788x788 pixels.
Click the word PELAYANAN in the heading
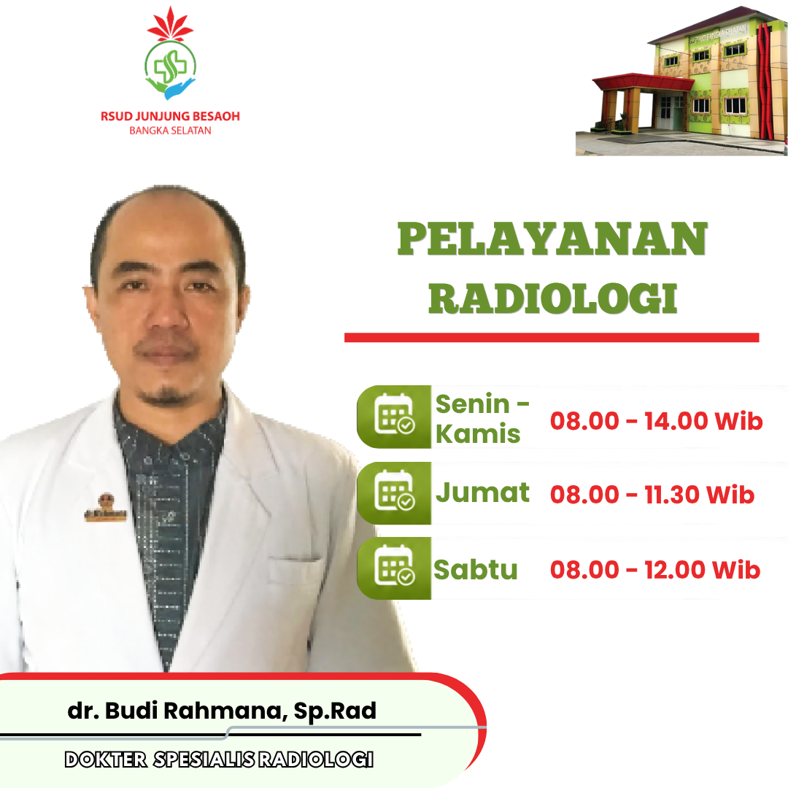pyautogui.click(x=552, y=239)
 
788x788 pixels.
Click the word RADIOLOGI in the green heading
pyautogui.click(x=553, y=298)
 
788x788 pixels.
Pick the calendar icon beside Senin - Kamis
pyautogui.click(x=395, y=414)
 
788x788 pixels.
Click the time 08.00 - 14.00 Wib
pyautogui.click(x=657, y=421)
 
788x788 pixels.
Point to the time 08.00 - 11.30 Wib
pyautogui.click(x=652, y=495)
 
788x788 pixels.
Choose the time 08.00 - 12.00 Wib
pyautogui.click(x=655, y=570)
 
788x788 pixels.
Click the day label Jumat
pyautogui.click(x=482, y=492)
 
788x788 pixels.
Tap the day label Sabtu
pyautogui.click(x=476, y=570)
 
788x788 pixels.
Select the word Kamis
pyautogui.click(x=478, y=434)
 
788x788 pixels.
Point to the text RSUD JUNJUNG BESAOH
pyautogui.click(x=170, y=117)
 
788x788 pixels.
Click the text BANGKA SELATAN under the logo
pyautogui.click(x=170, y=131)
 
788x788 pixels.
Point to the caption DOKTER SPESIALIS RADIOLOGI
pyautogui.click(x=219, y=760)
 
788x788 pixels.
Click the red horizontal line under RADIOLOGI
pyautogui.click(x=552, y=338)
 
